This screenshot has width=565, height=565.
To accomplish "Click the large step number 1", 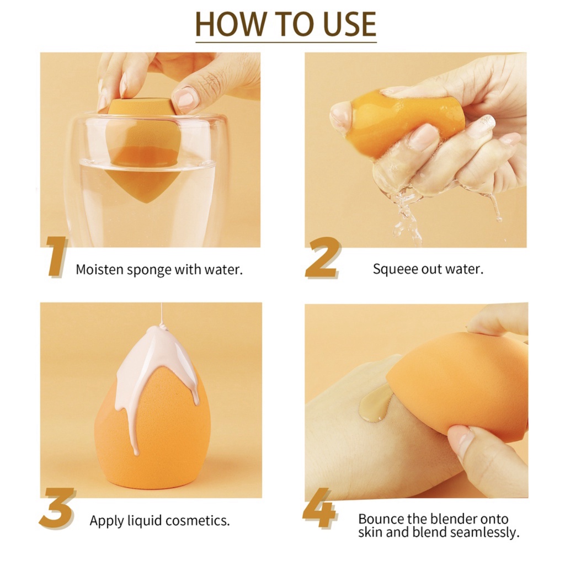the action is pyautogui.click(x=57, y=257).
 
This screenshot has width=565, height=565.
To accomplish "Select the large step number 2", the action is pyautogui.click(x=322, y=257).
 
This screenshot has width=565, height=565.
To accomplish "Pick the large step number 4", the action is pyautogui.click(x=320, y=508).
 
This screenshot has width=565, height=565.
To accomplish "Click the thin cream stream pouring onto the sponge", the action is pyautogui.click(x=162, y=314).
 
